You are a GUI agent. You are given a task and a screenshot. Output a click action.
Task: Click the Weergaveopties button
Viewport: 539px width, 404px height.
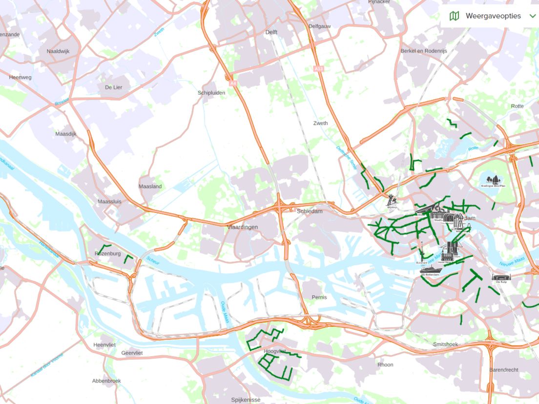(x=492, y=16)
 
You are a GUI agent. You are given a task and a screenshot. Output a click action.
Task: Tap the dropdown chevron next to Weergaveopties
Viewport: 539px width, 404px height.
(x=532, y=16)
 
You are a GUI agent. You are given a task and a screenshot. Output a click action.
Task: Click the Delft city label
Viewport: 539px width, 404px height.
(x=271, y=32)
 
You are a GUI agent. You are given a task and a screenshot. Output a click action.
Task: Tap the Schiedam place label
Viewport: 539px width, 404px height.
(x=310, y=211)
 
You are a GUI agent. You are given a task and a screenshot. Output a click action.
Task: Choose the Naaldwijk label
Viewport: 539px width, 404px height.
(x=59, y=51)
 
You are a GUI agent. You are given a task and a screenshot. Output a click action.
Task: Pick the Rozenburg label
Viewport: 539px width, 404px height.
(x=107, y=254)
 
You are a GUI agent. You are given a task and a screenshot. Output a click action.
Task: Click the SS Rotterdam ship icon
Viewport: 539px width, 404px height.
(x=430, y=270)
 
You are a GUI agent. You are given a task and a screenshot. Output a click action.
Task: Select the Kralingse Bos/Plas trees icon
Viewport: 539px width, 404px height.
(x=492, y=181)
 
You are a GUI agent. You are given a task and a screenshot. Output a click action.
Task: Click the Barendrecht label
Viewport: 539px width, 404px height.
(x=504, y=370)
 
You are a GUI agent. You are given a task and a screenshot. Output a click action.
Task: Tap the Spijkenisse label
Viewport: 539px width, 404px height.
(x=246, y=400)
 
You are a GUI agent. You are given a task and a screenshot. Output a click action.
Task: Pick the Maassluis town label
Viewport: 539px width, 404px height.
(x=109, y=202)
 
